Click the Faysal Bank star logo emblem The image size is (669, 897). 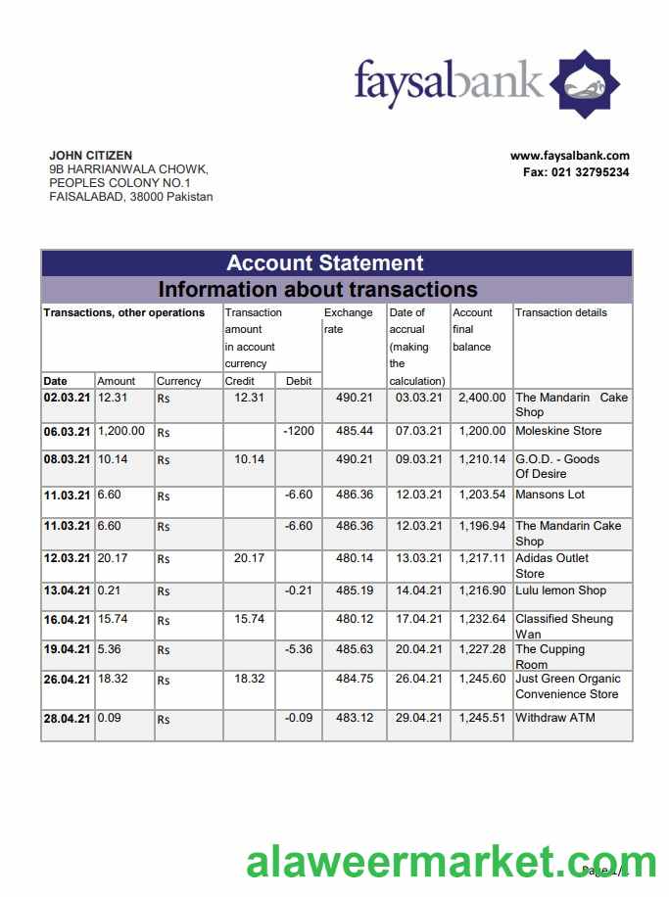(584, 84)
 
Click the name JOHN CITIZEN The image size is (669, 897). (91, 156)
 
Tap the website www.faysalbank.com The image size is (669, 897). (569, 156)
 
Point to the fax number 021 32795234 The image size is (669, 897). (576, 172)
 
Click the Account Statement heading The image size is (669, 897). (325, 262)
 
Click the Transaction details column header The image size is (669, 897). (561, 312)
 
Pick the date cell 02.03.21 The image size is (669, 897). (67, 398)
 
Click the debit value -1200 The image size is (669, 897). (298, 431)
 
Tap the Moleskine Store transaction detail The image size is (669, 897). (558, 431)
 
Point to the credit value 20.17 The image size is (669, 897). (249, 558)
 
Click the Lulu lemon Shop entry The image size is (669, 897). (561, 590)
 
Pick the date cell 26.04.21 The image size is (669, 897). (67, 679)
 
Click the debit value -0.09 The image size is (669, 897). (298, 718)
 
